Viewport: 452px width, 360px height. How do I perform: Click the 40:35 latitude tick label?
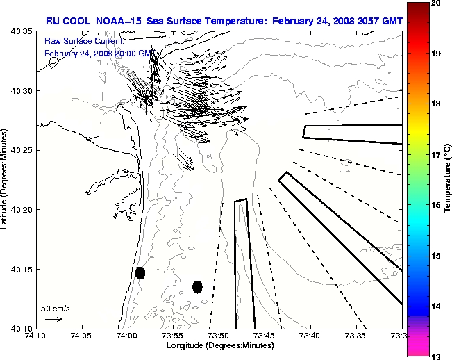point(22,32)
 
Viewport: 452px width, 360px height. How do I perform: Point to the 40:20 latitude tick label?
point(22,210)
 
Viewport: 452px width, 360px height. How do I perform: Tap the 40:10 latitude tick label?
point(22,328)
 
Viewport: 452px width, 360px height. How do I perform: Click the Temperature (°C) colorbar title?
point(448,179)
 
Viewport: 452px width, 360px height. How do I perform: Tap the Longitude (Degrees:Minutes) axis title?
point(219,345)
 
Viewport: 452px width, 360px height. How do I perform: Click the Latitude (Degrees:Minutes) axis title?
point(6,179)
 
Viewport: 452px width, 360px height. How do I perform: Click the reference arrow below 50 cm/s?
point(53,319)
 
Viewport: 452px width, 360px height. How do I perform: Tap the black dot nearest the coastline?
point(140,272)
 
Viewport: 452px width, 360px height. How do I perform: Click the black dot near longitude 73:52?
point(197,286)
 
